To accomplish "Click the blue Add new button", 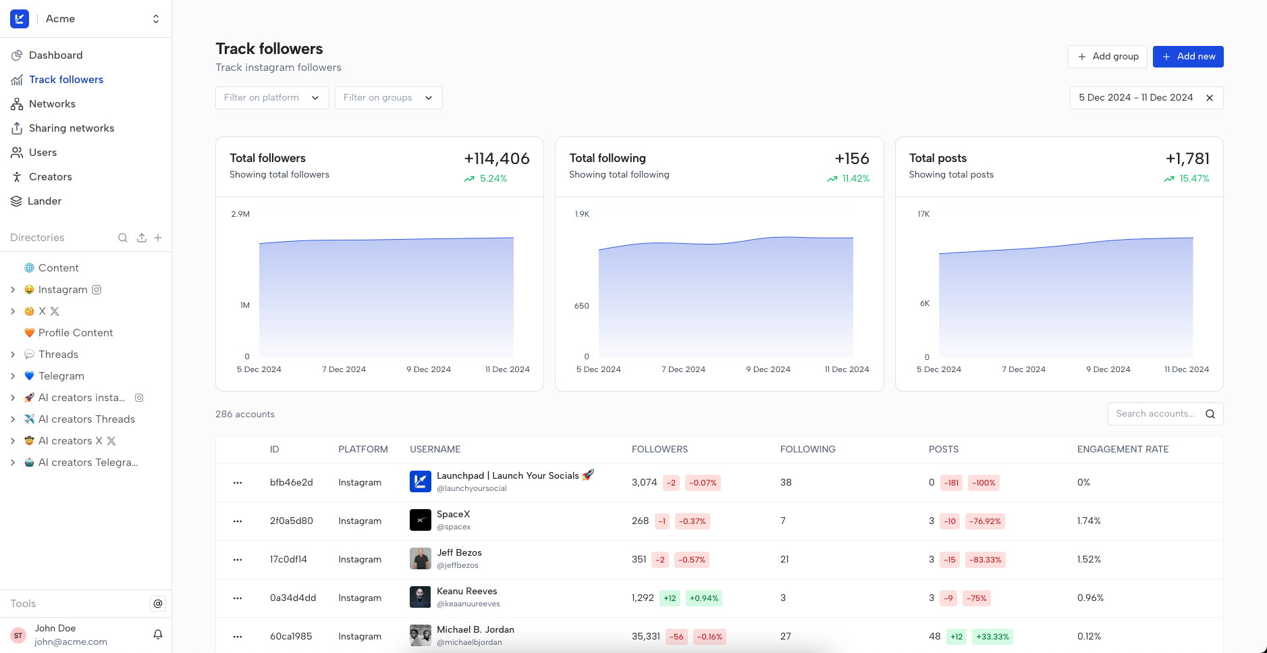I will pos(1187,57).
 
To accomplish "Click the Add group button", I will pos(1107,57).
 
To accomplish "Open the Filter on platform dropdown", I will pos(271,98).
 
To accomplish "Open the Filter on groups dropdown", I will pos(388,98).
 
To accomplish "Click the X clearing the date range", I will pos(1210,98).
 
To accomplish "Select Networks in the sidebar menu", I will pos(52,104).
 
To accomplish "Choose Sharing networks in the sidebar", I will pos(71,128).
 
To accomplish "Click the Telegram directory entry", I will pos(61,376).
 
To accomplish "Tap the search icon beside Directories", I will pos(123,238).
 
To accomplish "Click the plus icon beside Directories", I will pos(158,238).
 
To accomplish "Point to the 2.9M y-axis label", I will pos(240,214).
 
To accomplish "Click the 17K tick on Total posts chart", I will pos(923,214).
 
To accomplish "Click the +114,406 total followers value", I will pos(496,159).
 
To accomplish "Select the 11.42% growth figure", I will pos(855,179).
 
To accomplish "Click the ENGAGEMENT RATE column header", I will pos(1123,450).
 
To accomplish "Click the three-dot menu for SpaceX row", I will pos(238,521).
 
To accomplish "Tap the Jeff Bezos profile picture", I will pos(420,559).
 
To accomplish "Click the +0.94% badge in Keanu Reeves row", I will pos(704,598).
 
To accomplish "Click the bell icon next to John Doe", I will pos(158,635).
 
